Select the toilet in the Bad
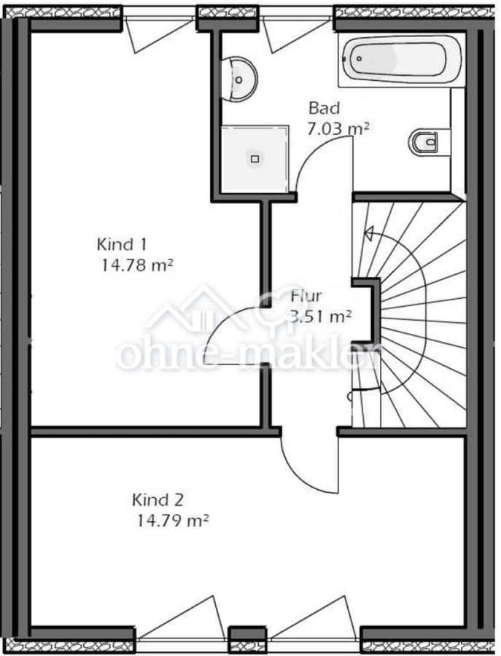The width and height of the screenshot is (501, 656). point(423,142)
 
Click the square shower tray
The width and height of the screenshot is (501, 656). point(255,159)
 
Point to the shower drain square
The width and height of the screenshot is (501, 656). point(255,159)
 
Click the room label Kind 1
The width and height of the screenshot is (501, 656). point(122,244)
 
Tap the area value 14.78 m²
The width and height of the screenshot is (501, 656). point(137,265)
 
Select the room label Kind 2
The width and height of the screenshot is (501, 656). point(158,499)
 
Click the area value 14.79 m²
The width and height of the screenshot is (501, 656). point(173,521)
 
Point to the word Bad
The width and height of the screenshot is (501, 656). point(324,108)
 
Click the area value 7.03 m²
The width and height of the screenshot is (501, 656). point(338,128)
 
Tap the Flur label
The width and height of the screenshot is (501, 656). point(306,296)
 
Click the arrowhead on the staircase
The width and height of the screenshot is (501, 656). point(369,233)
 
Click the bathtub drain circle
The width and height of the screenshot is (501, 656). point(359,58)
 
